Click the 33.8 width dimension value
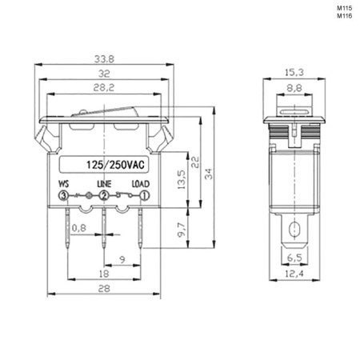[104, 59]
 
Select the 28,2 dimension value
[104, 88]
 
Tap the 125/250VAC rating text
[115, 165]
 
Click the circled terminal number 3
[63, 196]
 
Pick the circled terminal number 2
[104, 196]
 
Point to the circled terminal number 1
[144, 196]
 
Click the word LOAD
[141, 184]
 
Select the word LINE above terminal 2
[104, 184]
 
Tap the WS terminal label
[63, 184]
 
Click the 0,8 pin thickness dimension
[79, 228]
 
